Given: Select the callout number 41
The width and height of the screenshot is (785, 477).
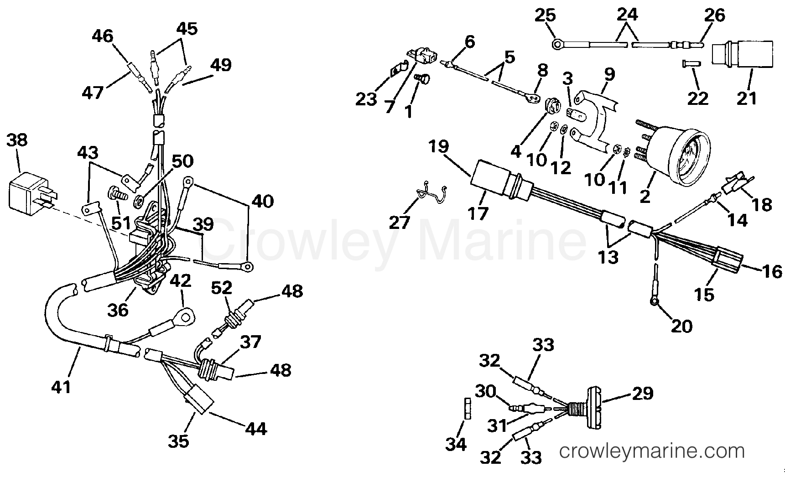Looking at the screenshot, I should coord(61,387).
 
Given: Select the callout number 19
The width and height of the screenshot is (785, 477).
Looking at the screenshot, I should coord(438,147).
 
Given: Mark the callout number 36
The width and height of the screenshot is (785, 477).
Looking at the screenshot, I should coord(118,310).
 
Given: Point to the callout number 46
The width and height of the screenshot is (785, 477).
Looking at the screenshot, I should coord(102,36).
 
